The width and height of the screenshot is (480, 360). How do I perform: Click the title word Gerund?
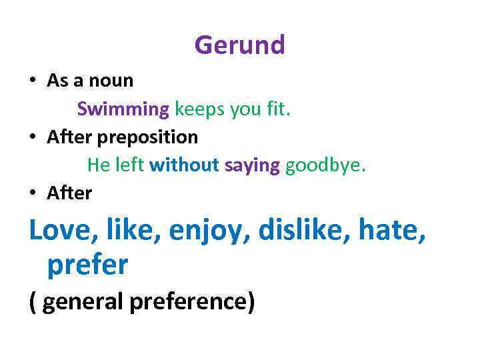[239, 45]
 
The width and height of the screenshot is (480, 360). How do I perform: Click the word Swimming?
[123, 109]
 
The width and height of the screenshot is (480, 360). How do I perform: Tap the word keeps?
[200, 109]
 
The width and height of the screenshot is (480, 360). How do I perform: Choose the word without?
[185, 165]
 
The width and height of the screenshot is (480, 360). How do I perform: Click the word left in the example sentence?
[129, 165]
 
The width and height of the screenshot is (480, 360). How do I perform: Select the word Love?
[60, 230]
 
